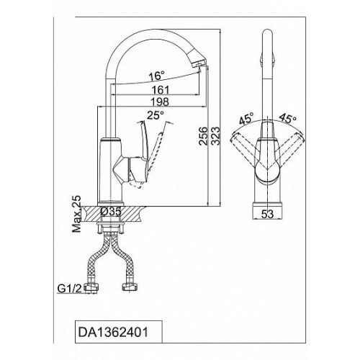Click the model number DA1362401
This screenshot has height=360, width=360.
[x=113, y=333]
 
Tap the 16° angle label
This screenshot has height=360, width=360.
[x=156, y=76]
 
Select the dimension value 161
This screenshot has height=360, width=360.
[x=161, y=90]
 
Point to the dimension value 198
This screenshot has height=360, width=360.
[x=160, y=102]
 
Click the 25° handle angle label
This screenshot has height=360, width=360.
[x=156, y=115]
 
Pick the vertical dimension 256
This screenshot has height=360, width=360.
[x=203, y=136]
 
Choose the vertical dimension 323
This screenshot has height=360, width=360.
[x=215, y=136]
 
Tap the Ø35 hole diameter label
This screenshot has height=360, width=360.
[x=111, y=212]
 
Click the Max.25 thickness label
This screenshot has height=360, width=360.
[x=76, y=214]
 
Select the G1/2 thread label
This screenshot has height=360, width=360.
[x=70, y=288]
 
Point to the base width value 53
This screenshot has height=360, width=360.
[x=267, y=214]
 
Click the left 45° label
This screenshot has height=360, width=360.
[x=246, y=118]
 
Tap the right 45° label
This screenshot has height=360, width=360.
[x=288, y=118]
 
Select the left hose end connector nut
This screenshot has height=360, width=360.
[x=91, y=287]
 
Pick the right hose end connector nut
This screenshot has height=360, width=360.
[x=130, y=287]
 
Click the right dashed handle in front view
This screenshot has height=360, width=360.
[x=289, y=149]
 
